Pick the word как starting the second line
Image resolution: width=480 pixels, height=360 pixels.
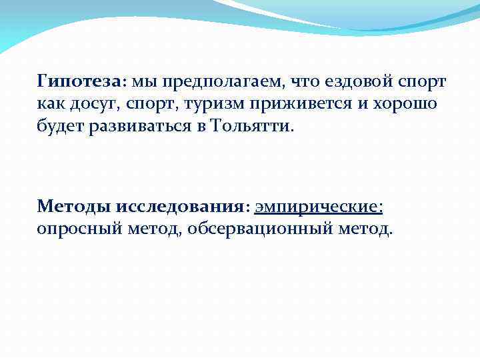click(48, 104)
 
